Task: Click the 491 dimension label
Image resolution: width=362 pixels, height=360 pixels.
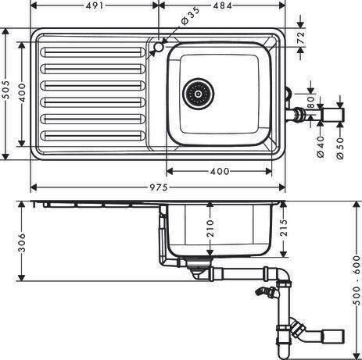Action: pyautogui.click(x=95, y=5)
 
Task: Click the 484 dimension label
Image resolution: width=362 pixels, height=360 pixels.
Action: pyautogui.click(x=223, y=5)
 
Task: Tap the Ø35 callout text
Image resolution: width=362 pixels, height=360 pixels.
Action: pyautogui.click(x=190, y=16)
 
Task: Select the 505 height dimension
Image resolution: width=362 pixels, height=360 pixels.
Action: pyautogui.click(x=6, y=90)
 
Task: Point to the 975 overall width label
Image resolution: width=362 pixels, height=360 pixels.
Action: pyautogui.click(x=159, y=187)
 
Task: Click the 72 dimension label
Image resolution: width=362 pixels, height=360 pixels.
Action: pyautogui.click(x=301, y=37)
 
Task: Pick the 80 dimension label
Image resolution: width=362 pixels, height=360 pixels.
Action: pyautogui.click(x=310, y=102)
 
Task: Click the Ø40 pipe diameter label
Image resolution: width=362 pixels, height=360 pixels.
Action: pyautogui.click(x=321, y=147)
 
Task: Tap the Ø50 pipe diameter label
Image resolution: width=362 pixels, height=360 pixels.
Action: pyautogui.click(x=340, y=148)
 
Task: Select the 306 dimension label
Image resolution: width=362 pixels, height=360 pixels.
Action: pyautogui.click(x=22, y=243)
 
